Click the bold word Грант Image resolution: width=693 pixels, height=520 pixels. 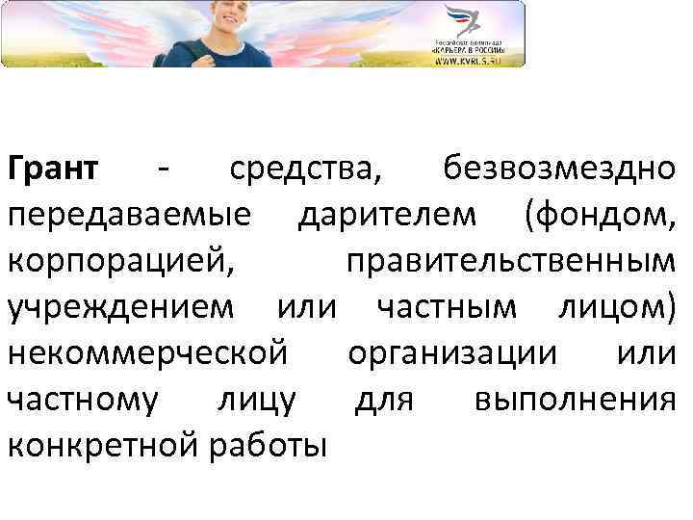click(53, 169)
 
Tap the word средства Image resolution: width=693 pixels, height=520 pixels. click(304, 169)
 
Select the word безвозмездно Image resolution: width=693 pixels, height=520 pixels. click(559, 169)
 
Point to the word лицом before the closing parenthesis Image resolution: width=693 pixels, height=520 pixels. click(617, 307)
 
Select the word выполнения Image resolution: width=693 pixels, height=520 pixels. click(576, 399)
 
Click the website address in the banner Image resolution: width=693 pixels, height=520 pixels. click(468, 61)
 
